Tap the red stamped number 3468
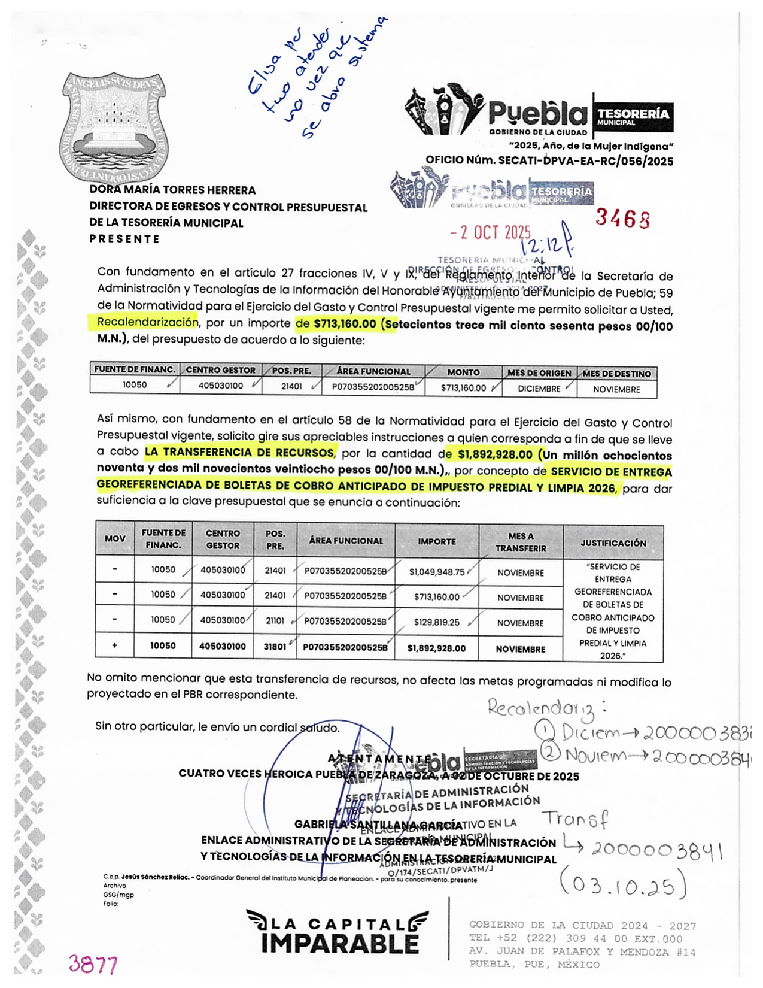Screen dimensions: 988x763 point(622,219)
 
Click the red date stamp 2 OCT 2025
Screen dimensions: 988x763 point(491,232)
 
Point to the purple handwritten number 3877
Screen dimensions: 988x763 point(93,963)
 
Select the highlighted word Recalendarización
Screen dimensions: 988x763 point(147,322)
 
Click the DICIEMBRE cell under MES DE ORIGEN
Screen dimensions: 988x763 point(539,389)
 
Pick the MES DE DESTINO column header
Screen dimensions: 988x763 point(617,374)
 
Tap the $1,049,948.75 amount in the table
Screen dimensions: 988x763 point(437,572)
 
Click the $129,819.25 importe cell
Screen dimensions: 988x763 point(437,622)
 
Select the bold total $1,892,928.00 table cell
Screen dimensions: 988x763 point(436,648)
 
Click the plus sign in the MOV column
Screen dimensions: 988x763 point(114,645)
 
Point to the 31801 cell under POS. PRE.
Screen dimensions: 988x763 point(275,647)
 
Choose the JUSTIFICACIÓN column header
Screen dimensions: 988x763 point(613,543)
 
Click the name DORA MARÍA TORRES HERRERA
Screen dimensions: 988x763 point(172,190)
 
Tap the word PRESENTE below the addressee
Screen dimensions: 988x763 point(124,239)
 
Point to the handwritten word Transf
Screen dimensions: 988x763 point(574,819)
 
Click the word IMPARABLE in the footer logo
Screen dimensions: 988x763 point(339,944)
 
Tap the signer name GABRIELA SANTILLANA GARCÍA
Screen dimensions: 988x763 point(378,825)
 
